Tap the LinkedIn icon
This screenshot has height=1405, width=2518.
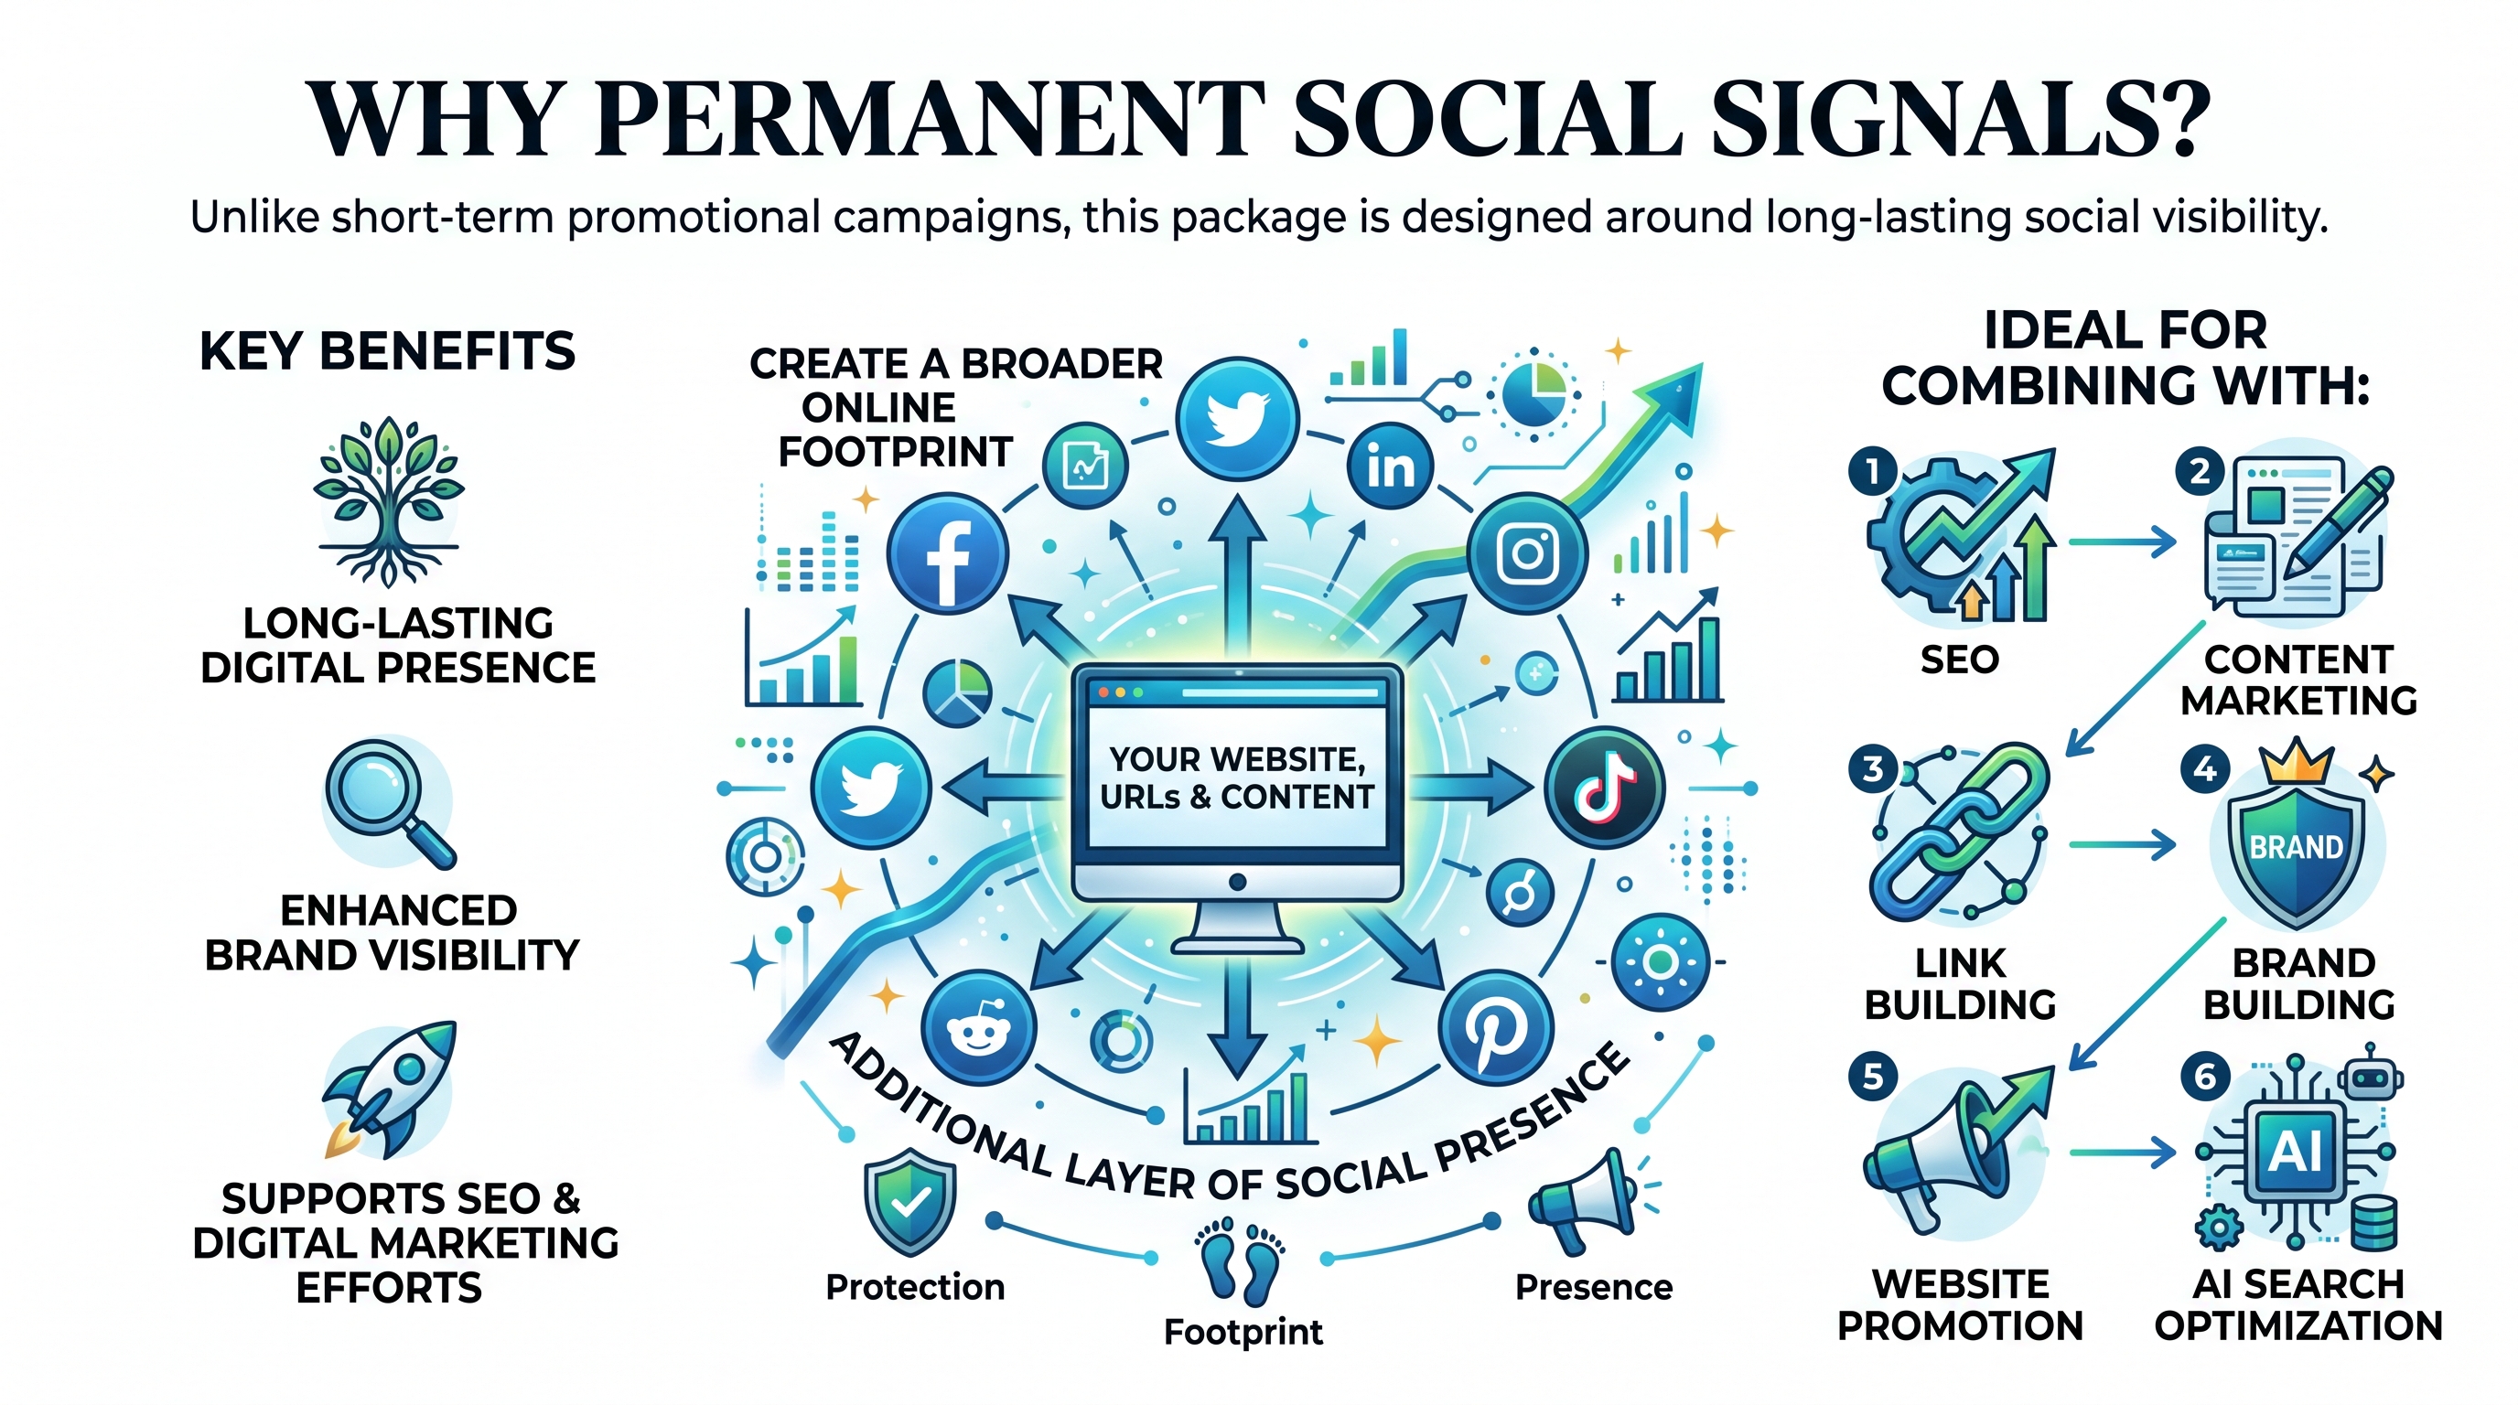(1390, 467)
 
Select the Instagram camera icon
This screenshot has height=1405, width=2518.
(1528, 554)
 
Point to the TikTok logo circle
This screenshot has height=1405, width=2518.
(1604, 788)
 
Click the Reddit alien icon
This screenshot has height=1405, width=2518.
(978, 1028)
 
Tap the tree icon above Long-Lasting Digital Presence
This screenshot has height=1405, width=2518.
(389, 501)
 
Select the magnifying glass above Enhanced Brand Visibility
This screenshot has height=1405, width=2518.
(389, 803)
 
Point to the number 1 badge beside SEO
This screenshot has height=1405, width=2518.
(1872, 473)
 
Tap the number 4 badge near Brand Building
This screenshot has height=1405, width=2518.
(2205, 771)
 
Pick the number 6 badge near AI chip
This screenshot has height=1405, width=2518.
(2205, 1077)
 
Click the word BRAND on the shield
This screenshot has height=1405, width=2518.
(2296, 846)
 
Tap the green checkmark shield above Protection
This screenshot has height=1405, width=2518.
(910, 1201)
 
